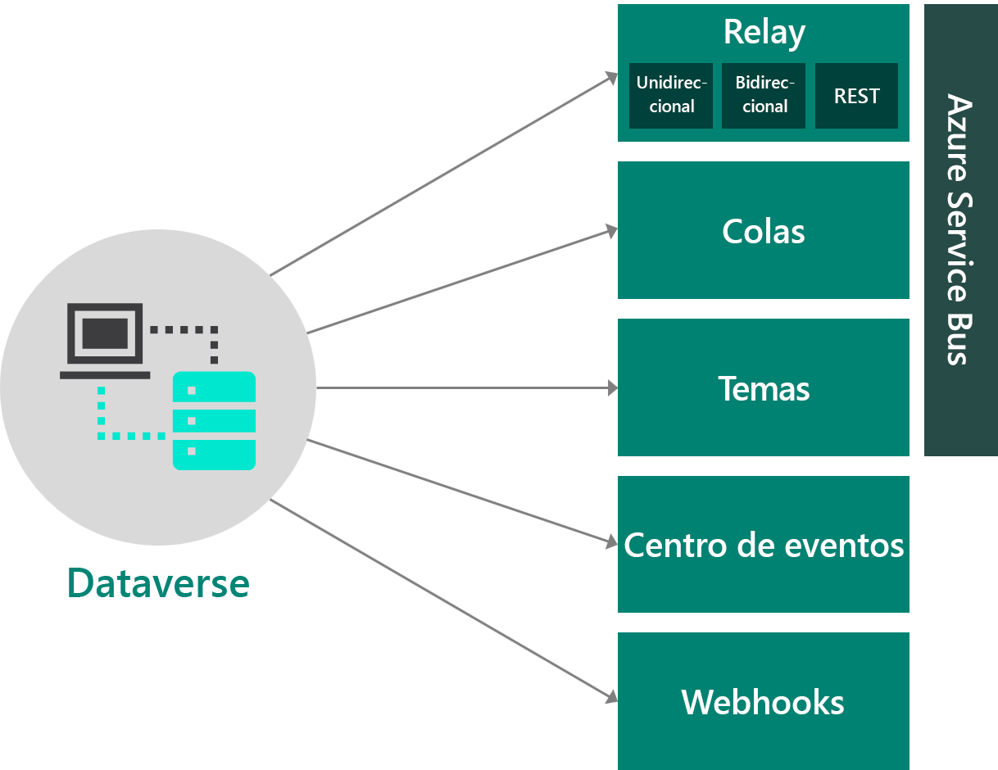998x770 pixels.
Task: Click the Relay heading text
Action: coord(764,33)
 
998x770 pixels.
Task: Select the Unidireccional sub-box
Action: coord(671,96)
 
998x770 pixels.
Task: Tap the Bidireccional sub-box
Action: coord(764,96)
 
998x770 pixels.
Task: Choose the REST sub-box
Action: coord(856,96)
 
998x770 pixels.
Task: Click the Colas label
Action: coord(764,232)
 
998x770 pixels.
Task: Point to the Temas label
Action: coord(764,389)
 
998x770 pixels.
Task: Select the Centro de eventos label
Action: coord(764,546)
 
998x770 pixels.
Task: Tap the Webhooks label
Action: coord(763,703)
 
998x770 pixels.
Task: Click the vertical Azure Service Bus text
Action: coord(959,229)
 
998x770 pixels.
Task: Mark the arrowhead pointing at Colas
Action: coord(611,231)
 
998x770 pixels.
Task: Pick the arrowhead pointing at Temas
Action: coord(612,388)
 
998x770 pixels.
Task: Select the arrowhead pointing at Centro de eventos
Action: coord(611,541)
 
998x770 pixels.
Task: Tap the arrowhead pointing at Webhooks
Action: coord(610,698)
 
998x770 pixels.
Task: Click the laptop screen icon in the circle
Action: coord(105,333)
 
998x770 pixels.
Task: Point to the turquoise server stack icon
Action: coord(214,421)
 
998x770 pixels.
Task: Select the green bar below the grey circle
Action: coord(159,582)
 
